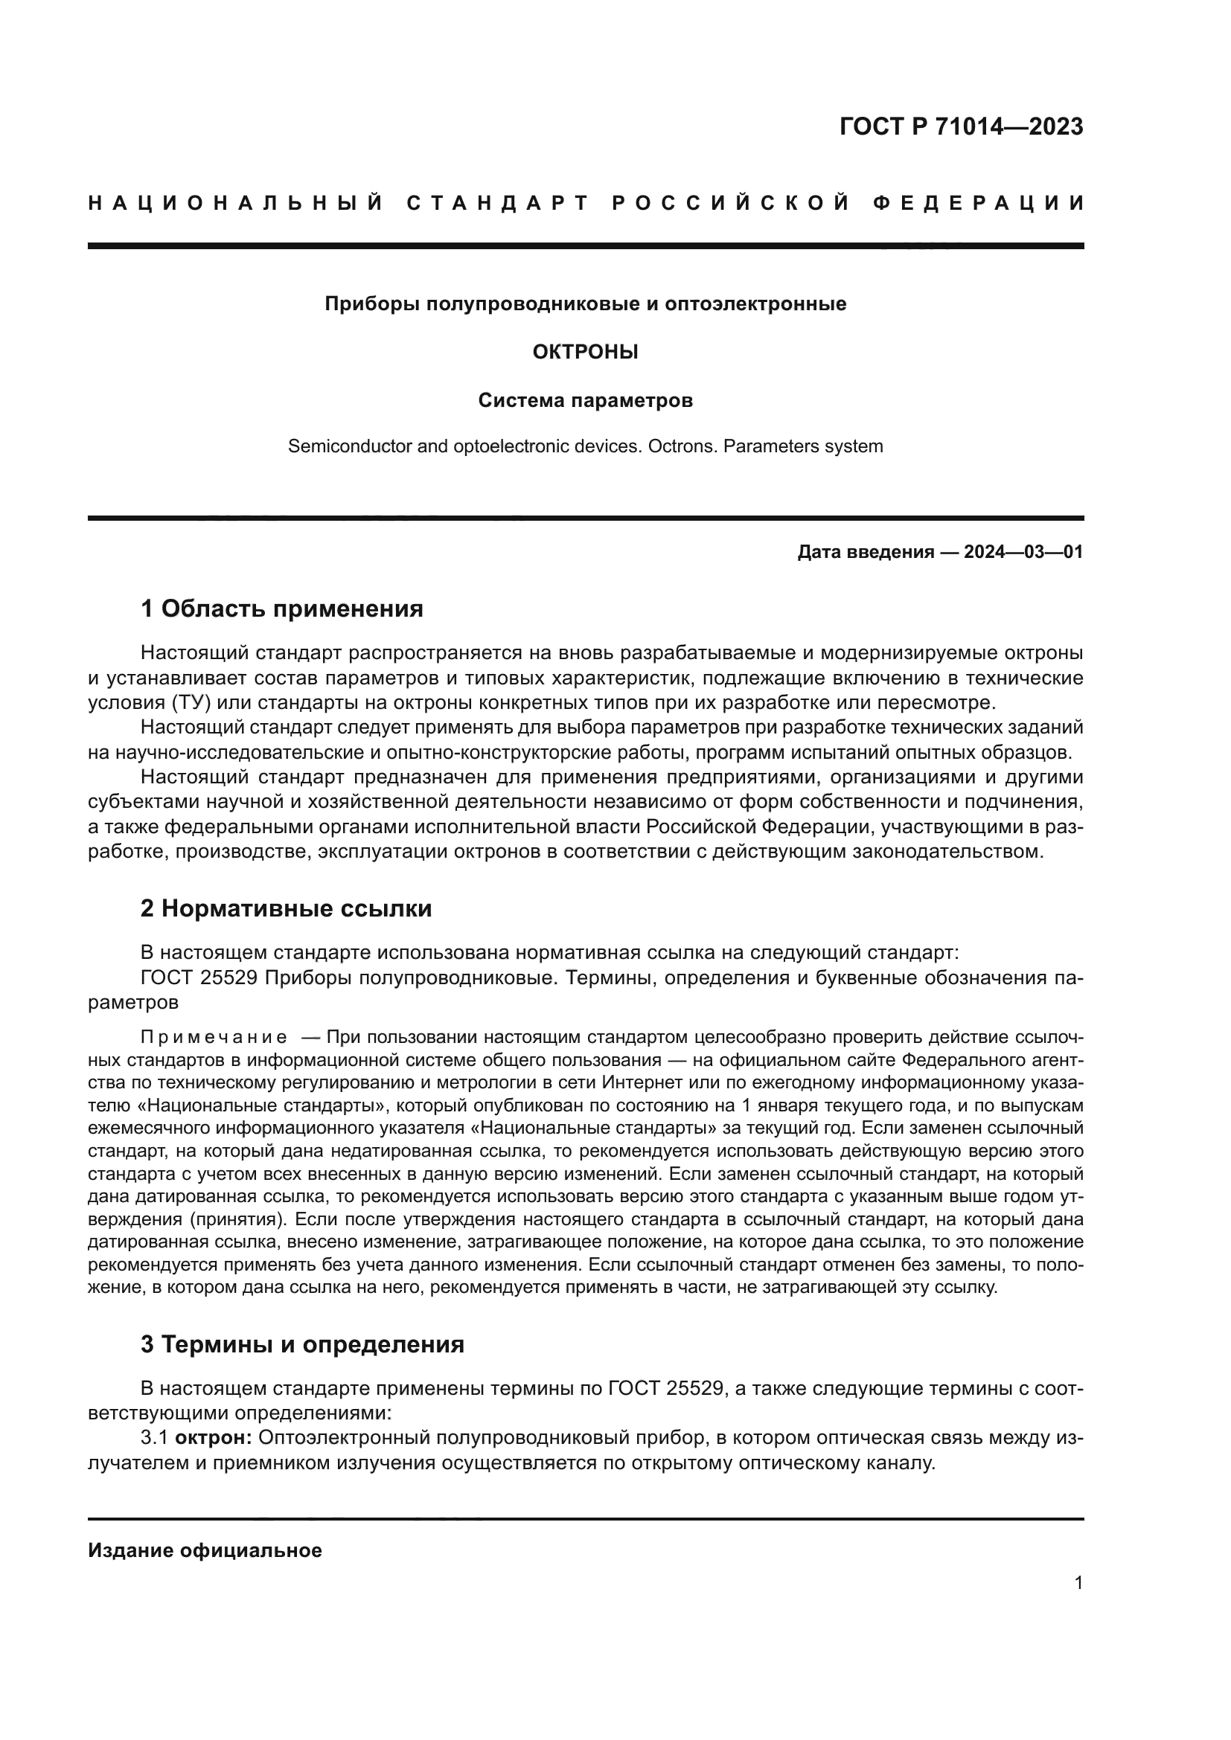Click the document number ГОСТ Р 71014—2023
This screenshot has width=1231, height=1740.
point(960,126)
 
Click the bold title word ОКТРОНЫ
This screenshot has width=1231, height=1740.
point(585,352)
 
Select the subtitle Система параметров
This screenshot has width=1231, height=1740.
point(585,400)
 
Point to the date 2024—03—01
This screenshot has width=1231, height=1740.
point(1023,553)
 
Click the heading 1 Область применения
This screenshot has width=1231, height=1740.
point(282,609)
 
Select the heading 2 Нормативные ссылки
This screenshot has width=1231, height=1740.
point(286,908)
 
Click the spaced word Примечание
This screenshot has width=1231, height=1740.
point(214,1038)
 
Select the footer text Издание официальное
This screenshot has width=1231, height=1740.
point(205,1551)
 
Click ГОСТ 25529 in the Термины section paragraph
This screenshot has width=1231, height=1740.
point(659,1389)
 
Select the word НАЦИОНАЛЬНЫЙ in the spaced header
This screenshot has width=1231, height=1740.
point(236,203)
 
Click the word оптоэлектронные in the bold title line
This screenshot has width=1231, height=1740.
point(755,304)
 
